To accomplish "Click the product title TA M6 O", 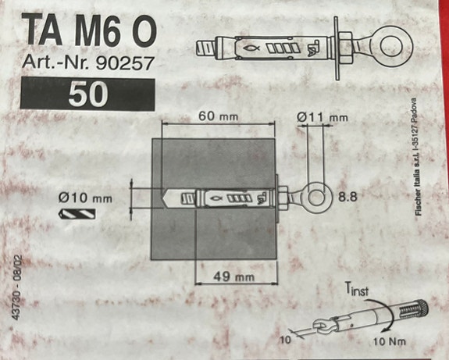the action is point(89,30).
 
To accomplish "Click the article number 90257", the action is point(125,63).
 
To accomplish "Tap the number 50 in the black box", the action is point(88,94).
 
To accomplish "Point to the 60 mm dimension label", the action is point(218,116).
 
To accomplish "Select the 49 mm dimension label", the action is point(233,276).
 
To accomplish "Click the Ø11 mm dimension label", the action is point(322,117).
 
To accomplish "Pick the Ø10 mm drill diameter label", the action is point(85,198).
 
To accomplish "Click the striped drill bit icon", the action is point(77,214).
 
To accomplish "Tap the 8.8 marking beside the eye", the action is point(348,197).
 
